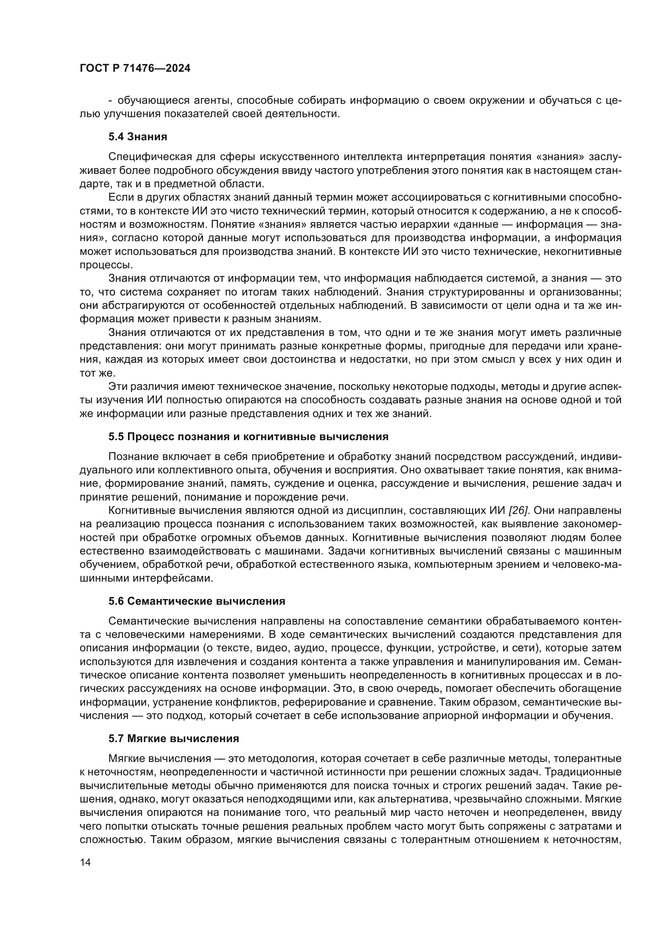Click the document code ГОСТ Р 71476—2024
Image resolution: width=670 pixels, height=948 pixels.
[135, 68]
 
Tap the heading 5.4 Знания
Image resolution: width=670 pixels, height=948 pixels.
[138, 137]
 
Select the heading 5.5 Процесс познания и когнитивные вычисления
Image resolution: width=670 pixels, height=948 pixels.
[248, 437]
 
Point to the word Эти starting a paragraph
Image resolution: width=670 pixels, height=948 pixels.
[117, 387]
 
